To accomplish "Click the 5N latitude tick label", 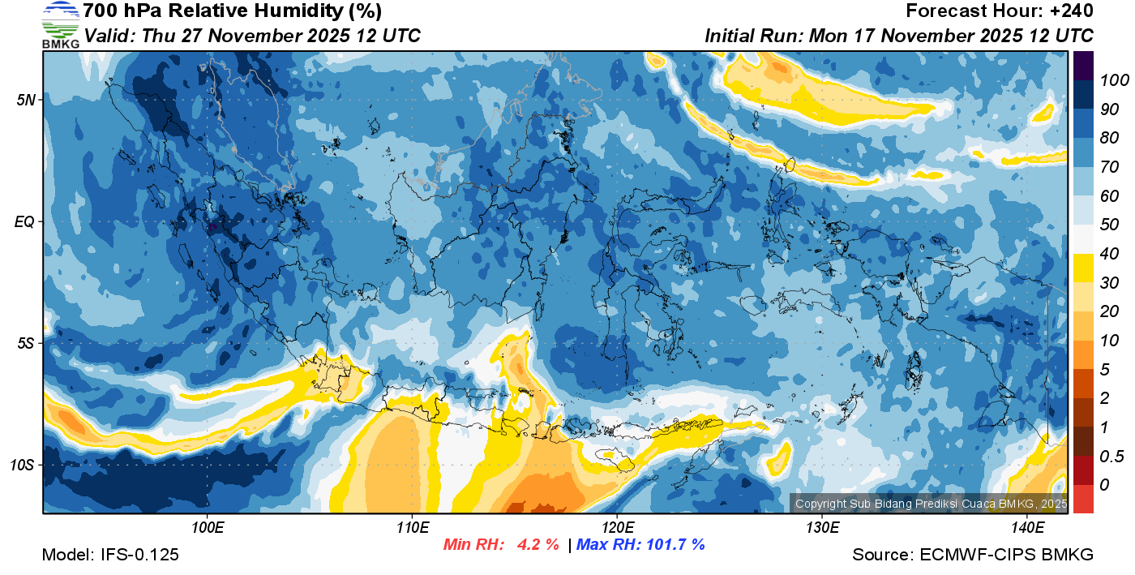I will tap(26, 100).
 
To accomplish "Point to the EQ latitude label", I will tap(26, 221).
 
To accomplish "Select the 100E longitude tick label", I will tap(208, 528).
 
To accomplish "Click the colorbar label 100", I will tap(1110, 80).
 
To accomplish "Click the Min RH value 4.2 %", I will tap(538, 545).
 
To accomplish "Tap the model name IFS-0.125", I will tap(139, 555).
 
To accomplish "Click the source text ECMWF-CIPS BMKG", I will tap(1006, 555).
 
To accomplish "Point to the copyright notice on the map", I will tap(930, 504).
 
